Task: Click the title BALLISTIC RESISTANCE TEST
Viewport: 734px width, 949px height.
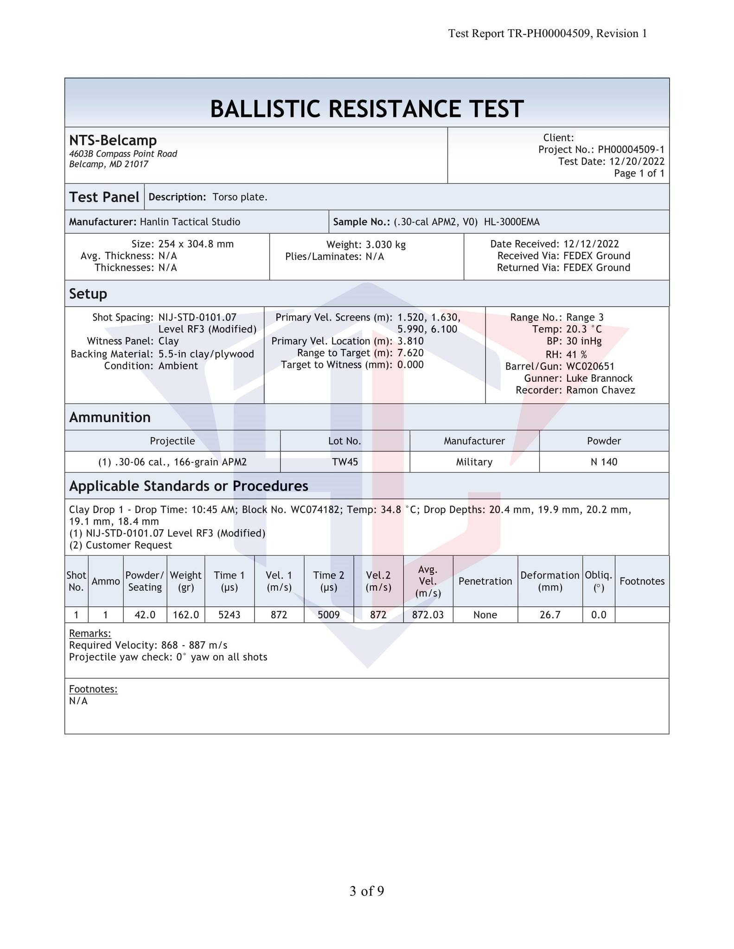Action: (x=367, y=109)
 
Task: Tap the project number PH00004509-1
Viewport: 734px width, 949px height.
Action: (x=631, y=150)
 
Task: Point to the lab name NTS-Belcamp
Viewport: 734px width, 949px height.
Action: (x=113, y=140)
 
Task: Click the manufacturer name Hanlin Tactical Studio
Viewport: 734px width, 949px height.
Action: (x=190, y=222)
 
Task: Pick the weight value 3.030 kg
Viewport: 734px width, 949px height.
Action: (x=383, y=245)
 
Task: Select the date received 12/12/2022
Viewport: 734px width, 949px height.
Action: (x=591, y=244)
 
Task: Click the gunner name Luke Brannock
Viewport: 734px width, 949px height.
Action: (x=599, y=378)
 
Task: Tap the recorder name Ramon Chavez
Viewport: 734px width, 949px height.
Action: (x=600, y=390)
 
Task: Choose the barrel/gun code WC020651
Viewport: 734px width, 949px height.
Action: (x=590, y=367)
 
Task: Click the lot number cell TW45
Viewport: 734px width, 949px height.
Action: (x=345, y=462)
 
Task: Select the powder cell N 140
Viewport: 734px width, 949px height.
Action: (x=604, y=462)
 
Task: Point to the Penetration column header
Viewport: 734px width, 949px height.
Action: (x=485, y=581)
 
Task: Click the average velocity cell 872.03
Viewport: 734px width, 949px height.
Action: (x=428, y=615)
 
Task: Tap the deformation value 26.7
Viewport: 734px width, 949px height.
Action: (x=550, y=615)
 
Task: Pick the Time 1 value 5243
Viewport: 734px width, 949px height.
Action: (x=229, y=615)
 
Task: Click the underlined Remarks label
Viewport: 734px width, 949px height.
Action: (x=90, y=633)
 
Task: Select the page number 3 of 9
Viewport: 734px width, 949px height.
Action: (x=366, y=891)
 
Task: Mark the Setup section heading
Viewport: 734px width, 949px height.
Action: (x=88, y=294)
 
